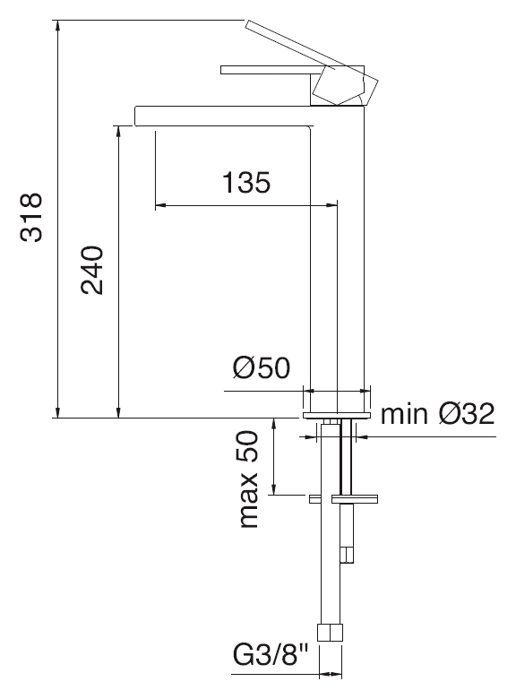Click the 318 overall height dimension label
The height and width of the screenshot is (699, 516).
point(31,217)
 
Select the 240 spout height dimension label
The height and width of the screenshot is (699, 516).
point(92,270)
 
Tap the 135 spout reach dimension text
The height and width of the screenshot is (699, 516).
point(246,182)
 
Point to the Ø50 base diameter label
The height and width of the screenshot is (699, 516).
point(261,367)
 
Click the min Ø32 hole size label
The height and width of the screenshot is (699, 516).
point(437,414)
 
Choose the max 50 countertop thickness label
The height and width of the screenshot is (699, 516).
point(249,479)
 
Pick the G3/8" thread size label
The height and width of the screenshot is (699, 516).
point(271,655)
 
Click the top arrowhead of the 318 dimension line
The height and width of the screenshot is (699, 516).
point(57,26)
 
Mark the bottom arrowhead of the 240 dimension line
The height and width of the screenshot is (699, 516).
point(118,412)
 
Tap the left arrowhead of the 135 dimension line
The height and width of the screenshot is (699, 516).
point(160,205)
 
